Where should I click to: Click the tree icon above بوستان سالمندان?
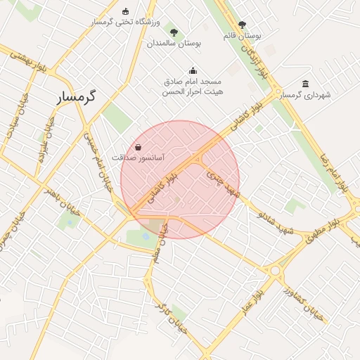coord(174,32)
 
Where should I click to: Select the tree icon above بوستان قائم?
coord(242,25)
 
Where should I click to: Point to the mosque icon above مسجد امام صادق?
coord(193,70)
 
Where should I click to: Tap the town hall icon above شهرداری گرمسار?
coord(305,84)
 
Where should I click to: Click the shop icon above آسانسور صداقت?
coord(137,148)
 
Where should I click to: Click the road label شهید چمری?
coord(224,183)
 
